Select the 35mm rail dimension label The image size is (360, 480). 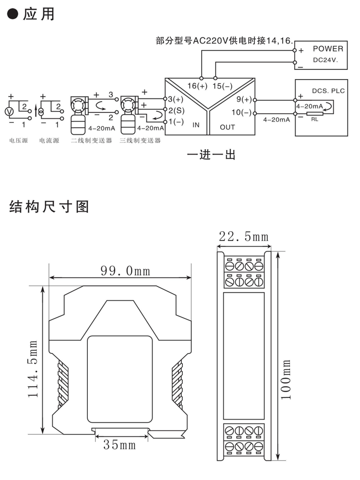click(x=120, y=445)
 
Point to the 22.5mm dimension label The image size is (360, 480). click(x=243, y=236)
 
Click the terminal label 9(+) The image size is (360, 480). click(x=244, y=100)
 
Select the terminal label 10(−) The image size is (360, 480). click(x=242, y=113)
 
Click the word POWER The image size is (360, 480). click(x=328, y=48)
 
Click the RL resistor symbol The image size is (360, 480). click(x=314, y=113)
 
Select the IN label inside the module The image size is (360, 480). click(x=195, y=126)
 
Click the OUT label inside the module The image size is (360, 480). click(x=227, y=127)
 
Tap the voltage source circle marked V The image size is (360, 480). click(x=8, y=111)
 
